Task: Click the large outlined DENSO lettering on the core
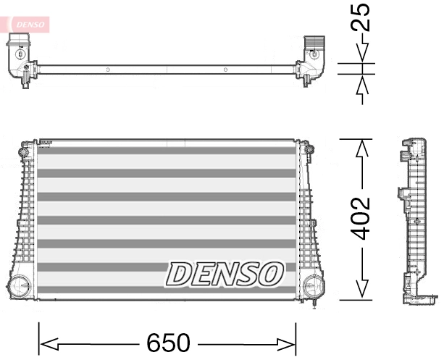pos(225,274)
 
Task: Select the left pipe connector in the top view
pos(20,58)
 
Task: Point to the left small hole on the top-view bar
pos(106,70)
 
